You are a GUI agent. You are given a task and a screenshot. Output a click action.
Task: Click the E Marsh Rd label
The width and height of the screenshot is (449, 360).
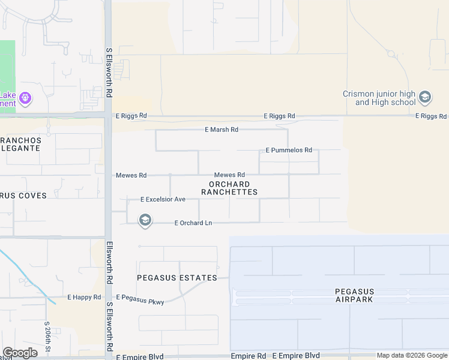click(x=221, y=130)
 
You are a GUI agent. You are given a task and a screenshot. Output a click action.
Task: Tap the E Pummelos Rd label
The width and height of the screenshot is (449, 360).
click(x=289, y=150)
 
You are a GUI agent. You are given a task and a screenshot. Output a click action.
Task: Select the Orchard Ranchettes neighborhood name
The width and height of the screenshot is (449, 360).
click(x=229, y=188)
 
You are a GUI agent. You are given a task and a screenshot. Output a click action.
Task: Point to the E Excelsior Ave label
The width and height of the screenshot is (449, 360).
click(x=163, y=199)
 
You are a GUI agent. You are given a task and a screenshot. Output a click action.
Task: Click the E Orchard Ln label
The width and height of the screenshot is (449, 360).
click(x=193, y=223)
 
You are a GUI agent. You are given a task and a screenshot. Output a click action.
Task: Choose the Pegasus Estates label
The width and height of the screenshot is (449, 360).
click(x=176, y=278)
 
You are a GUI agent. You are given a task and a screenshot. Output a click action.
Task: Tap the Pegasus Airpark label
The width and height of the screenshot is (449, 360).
click(x=354, y=295)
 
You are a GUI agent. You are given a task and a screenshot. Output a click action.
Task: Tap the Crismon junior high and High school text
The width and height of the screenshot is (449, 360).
click(x=379, y=98)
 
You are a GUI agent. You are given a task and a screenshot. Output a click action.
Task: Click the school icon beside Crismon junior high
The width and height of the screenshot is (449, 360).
click(x=425, y=97)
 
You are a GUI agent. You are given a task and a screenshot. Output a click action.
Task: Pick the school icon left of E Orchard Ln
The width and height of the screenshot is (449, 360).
click(x=145, y=221)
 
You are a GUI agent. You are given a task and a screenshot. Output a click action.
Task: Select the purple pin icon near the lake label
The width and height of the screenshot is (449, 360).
click(x=25, y=97)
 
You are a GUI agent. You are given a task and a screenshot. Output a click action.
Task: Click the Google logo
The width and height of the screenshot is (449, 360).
click(x=20, y=353)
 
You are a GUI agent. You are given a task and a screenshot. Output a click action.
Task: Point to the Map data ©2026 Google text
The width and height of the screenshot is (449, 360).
click(x=412, y=356)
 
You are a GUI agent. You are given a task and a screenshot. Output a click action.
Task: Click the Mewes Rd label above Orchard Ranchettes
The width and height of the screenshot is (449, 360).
click(x=229, y=175)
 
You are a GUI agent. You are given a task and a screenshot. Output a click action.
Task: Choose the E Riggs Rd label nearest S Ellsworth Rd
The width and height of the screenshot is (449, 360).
click(x=130, y=116)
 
